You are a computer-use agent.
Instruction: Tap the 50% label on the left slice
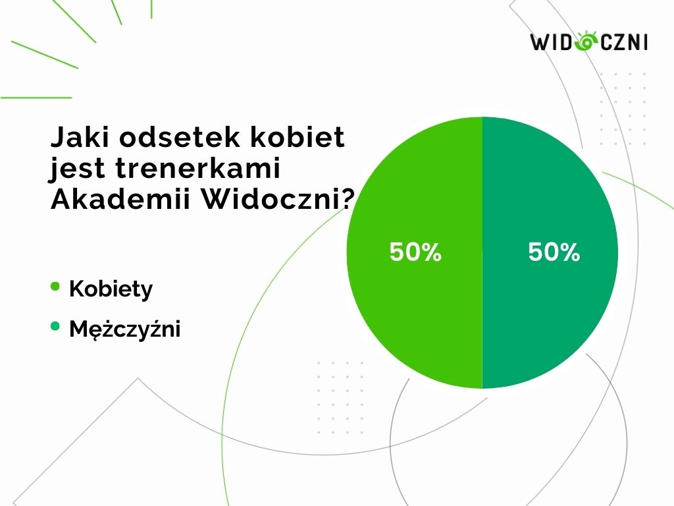[x=415, y=252]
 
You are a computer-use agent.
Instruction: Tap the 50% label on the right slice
[x=554, y=252]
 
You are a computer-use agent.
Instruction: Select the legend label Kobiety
[x=111, y=289]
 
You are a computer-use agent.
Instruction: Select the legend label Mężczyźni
[x=124, y=329]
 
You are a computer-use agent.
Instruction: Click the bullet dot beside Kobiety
[x=55, y=286]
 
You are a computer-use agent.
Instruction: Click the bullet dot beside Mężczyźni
[x=55, y=326]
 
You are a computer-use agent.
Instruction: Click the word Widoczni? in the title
[x=278, y=199]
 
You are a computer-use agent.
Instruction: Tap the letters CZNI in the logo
[x=624, y=42]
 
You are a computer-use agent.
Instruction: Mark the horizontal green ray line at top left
[x=36, y=98]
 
